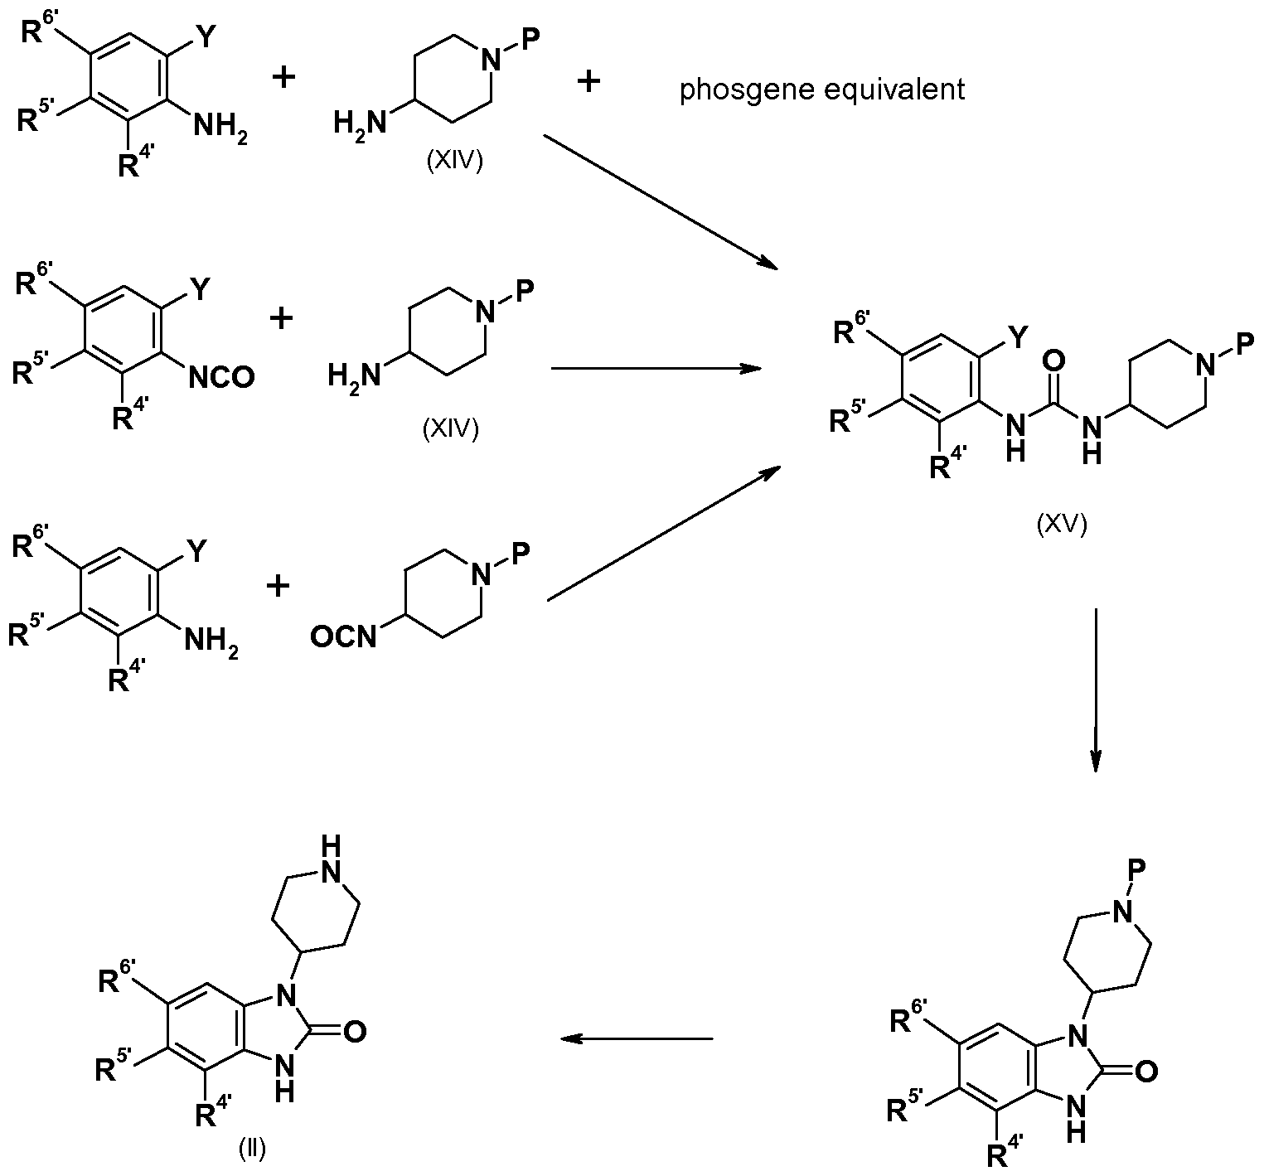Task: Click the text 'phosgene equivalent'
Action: click(822, 89)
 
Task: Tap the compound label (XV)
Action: click(1062, 525)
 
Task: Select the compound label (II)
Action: click(251, 1149)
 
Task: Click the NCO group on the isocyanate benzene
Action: click(221, 377)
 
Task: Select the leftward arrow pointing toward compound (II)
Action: click(636, 1038)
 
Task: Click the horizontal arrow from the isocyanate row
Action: click(656, 367)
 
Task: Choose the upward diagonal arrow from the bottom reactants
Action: click(663, 534)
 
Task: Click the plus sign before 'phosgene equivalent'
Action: click(588, 81)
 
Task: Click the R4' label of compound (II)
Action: click(214, 1116)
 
